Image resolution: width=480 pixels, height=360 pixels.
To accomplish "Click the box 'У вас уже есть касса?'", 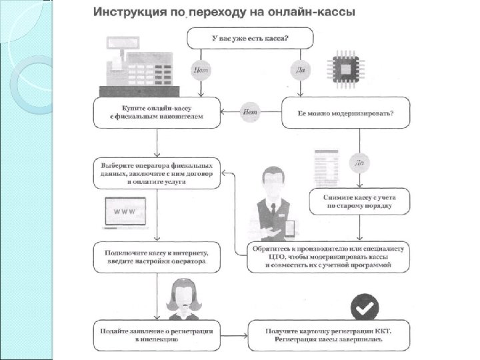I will [250, 38].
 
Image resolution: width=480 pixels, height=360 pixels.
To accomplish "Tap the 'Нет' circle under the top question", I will [201, 69].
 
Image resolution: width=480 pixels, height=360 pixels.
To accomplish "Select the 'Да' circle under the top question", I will [298, 69].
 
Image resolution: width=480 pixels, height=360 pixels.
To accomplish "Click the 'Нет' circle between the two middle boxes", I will [250, 112].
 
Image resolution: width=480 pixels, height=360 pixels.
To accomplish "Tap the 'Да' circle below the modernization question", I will [360, 162].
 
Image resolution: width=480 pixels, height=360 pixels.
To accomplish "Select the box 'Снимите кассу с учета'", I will [359, 201].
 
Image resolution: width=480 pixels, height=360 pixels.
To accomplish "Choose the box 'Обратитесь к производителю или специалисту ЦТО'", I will [329, 257].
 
